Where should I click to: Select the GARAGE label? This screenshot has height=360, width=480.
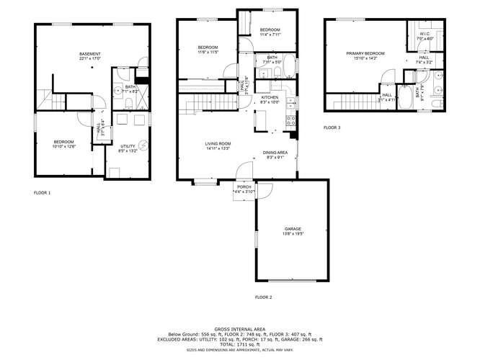[293, 229]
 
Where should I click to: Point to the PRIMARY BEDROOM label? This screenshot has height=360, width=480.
[365, 53]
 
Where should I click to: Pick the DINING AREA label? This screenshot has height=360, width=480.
[275, 153]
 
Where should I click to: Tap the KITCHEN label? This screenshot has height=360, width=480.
[270, 97]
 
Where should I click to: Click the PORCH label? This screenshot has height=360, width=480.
[243, 187]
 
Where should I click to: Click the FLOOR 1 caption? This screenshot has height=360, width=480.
[43, 193]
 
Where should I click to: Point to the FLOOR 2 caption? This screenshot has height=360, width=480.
[263, 297]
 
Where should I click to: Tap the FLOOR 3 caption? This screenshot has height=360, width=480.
[332, 127]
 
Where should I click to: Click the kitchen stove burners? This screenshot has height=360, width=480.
[290, 120]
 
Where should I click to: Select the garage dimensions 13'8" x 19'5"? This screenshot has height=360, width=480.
[293, 233]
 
